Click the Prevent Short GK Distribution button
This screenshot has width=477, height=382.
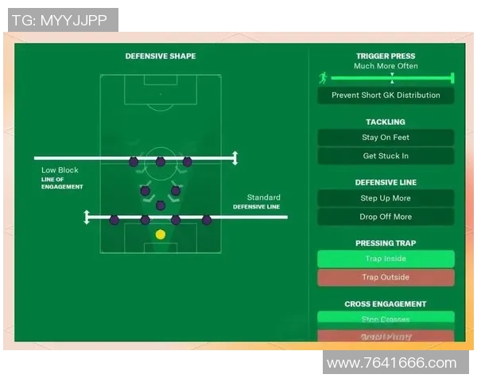(x=386, y=95)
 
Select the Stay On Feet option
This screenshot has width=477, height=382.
(x=386, y=138)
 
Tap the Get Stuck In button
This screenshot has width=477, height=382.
(x=386, y=156)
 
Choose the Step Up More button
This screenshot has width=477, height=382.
(x=386, y=198)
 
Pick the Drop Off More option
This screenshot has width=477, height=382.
(x=386, y=216)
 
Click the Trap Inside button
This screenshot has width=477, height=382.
(x=386, y=259)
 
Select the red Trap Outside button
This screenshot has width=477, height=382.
(x=386, y=278)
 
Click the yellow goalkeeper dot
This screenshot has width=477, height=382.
(x=161, y=234)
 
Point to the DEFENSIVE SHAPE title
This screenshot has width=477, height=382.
(x=161, y=57)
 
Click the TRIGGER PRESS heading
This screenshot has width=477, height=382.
(x=386, y=57)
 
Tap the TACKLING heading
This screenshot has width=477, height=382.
(x=386, y=122)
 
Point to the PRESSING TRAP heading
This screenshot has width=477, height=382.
(x=386, y=244)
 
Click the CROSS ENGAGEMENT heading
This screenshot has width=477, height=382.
(x=386, y=304)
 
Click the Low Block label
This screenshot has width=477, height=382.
(x=60, y=170)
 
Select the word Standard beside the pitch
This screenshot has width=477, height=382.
(x=263, y=197)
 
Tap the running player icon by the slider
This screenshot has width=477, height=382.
(x=323, y=78)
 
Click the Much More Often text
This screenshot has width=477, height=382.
(x=386, y=66)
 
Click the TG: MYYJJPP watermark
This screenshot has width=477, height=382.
(x=60, y=20)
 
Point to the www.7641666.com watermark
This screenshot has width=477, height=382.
(x=392, y=364)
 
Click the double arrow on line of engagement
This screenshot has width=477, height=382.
(x=234, y=158)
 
